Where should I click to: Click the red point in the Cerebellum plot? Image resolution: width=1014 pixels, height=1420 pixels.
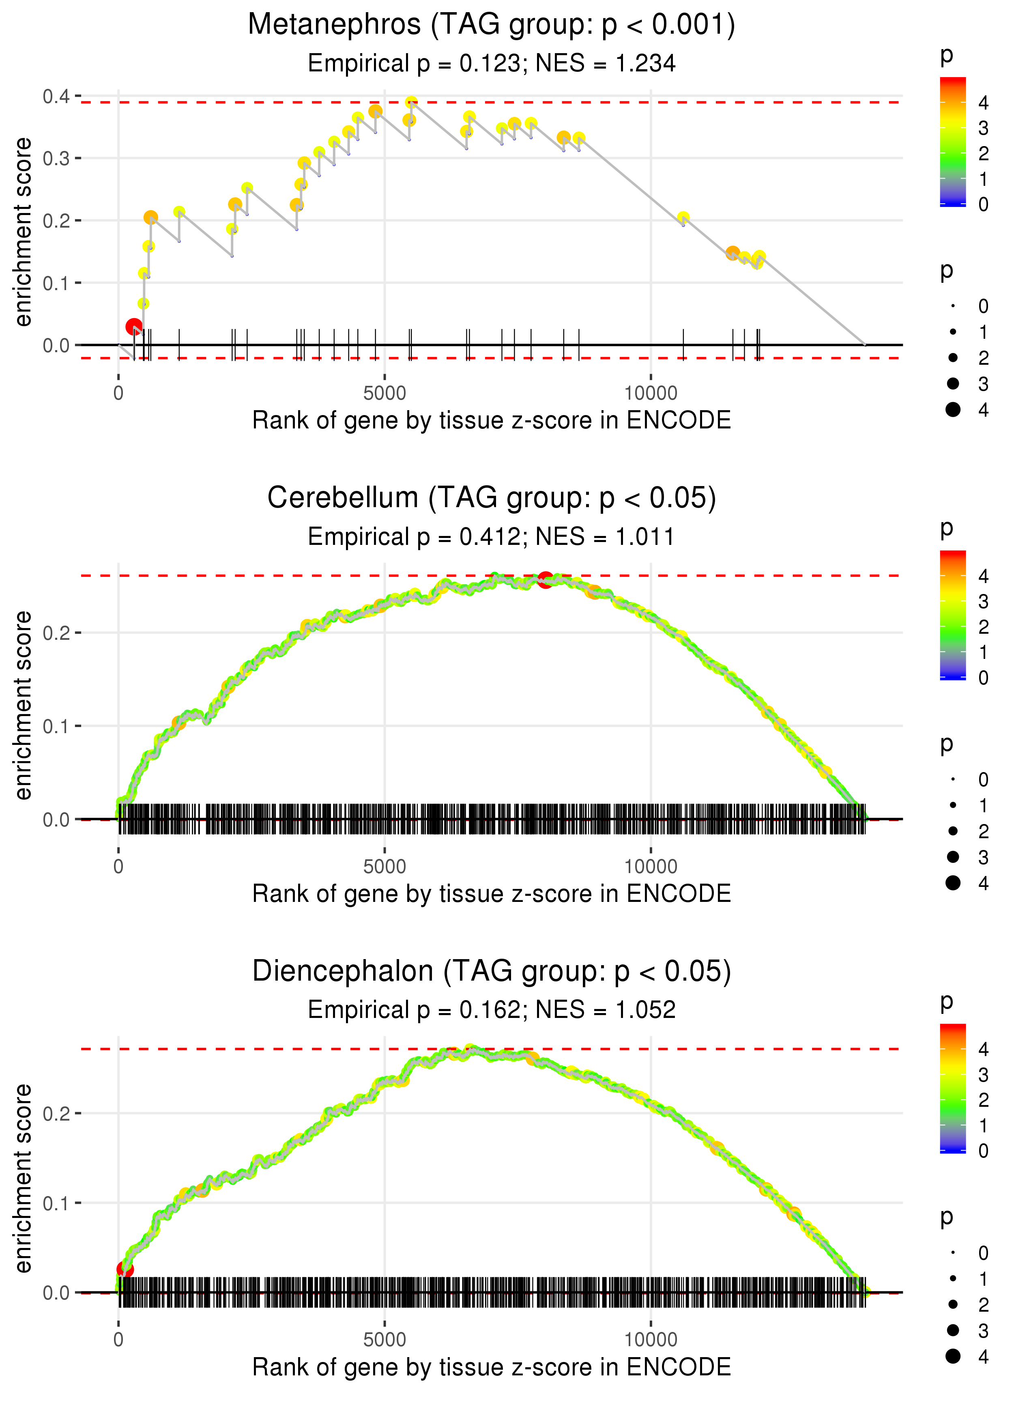[x=545, y=579]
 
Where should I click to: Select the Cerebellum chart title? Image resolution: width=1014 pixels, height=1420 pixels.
[x=492, y=498]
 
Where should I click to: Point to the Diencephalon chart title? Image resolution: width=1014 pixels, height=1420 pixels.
[x=492, y=971]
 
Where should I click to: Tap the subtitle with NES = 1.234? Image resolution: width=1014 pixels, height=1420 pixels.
[x=492, y=63]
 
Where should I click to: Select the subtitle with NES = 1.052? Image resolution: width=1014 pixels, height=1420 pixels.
[x=492, y=1010]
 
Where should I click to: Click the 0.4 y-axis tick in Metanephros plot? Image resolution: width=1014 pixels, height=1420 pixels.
[x=56, y=96]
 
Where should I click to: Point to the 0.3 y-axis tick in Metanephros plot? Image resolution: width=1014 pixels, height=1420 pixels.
[x=56, y=158]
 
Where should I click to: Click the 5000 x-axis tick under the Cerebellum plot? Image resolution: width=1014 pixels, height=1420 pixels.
[x=385, y=866]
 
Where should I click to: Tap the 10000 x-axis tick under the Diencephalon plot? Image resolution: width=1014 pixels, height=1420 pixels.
[x=651, y=1339]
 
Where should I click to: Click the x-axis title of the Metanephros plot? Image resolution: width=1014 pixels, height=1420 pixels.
[x=492, y=420]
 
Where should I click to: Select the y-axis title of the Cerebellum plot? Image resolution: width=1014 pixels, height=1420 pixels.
[x=23, y=706]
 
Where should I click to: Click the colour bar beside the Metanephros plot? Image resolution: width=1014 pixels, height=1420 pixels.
[x=952, y=142]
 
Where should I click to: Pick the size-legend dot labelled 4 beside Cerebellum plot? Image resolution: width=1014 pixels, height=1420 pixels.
[x=953, y=882]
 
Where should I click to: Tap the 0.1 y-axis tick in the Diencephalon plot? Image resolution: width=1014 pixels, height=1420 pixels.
[x=56, y=1203]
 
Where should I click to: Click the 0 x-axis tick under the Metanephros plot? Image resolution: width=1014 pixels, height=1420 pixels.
[x=118, y=394]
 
